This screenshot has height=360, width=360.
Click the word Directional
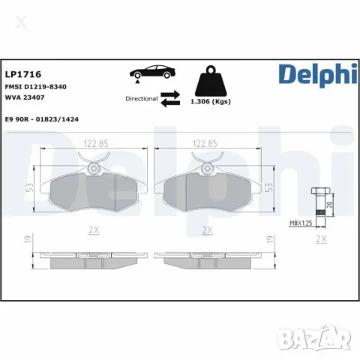click(140, 98)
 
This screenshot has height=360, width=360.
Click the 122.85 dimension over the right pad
click(206, 142)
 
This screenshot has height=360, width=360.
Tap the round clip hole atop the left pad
click(91, 169)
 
